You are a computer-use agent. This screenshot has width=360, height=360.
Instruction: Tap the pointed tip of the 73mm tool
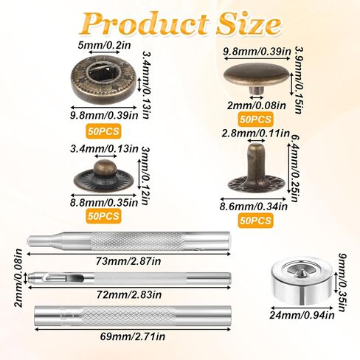pos(32,242)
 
